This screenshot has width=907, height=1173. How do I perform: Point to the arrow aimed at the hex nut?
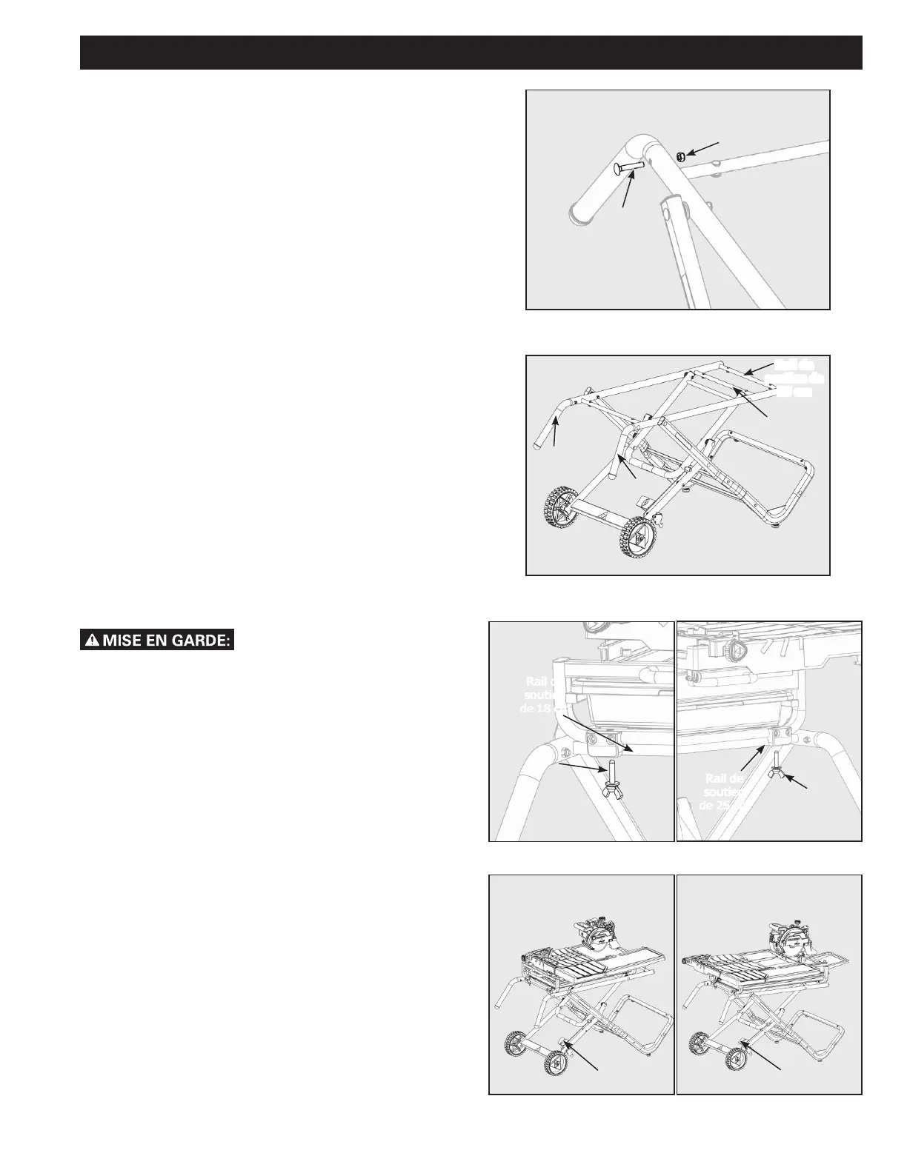coord(702,146)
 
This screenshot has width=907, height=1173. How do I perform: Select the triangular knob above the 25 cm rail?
coord(737,651)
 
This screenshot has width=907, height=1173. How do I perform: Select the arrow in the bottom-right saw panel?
coord(765,1055)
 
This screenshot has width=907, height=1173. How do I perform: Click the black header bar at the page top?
coord(471,52)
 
